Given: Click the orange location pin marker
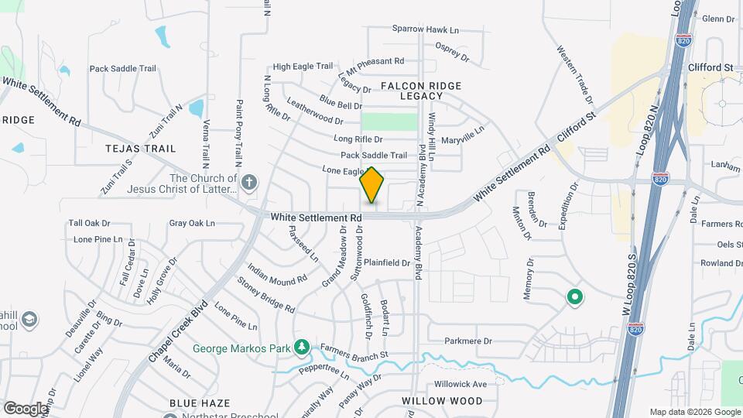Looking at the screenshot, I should tap(372, 185).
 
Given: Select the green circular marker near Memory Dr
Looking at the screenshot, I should tap(574, 296).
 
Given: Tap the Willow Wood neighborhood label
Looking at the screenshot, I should tap(442, 401).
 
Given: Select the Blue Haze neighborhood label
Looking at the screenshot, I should tap(197, 403).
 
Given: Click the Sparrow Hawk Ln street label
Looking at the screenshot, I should tap(426, 29).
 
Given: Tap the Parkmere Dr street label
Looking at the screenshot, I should tap(469, 341).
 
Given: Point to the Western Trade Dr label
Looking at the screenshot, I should tap(575, 75).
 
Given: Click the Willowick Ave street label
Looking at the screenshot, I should tap(461, 384).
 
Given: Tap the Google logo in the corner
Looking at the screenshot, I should tap(25, 408).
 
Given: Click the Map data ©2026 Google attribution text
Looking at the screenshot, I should tap(694, 412).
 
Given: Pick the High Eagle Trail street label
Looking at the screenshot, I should tap(303, 67).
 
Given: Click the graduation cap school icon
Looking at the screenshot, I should tap(29, 320).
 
